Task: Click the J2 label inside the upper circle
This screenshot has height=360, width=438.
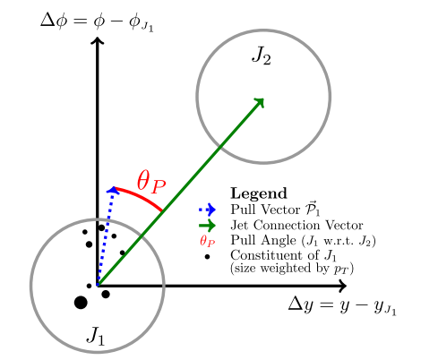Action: click(262, 56)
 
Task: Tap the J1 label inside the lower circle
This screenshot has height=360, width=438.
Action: click(96, 336)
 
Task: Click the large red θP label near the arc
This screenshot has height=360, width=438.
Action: click(151, 183)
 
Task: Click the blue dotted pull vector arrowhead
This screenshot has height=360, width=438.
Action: click(113, 191)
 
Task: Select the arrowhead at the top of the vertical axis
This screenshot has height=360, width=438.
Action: click(97, 40)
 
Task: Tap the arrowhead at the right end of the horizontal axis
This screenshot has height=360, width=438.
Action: click(342, 286)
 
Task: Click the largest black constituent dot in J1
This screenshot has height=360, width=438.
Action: click(81, 303)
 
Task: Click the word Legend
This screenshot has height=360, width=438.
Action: click(259, 193)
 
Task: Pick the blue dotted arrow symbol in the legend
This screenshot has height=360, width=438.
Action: click(207, 210)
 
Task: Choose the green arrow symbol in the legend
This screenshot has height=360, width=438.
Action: click(207, 225)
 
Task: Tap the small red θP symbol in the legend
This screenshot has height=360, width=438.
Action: click(208, 241)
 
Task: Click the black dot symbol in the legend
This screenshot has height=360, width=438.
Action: click(207, 257)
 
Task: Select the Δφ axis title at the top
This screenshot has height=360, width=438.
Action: click(97, 22)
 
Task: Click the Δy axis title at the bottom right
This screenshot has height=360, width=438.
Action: click(342, 306)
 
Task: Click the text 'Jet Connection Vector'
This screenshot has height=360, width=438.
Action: click(296, 225)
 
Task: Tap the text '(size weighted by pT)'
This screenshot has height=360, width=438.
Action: click(292, 268)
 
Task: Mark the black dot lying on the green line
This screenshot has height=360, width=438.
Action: click(122, 253)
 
